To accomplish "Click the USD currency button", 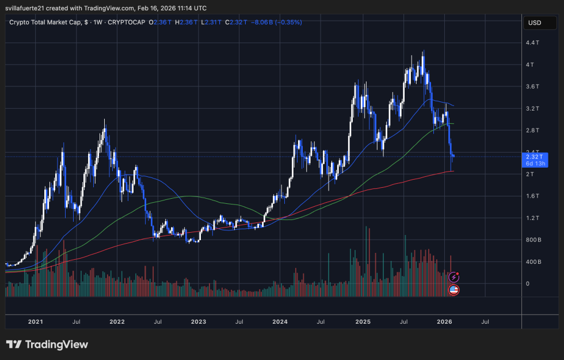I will [x=535, y=23].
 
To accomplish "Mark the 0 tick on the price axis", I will [x=528, y=283].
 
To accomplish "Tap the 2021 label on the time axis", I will [x=35, y=323].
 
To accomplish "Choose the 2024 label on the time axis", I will [x=280, y=323].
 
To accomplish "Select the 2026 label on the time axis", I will [x=444, y=323].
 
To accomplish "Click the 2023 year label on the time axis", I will [x=199, y=323].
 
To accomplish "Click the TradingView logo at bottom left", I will [x=47, y=344].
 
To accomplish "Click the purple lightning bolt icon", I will [x=454, y=278].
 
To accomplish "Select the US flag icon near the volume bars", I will [x=454, y=290].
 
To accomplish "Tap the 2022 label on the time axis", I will [x=117, y=323].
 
